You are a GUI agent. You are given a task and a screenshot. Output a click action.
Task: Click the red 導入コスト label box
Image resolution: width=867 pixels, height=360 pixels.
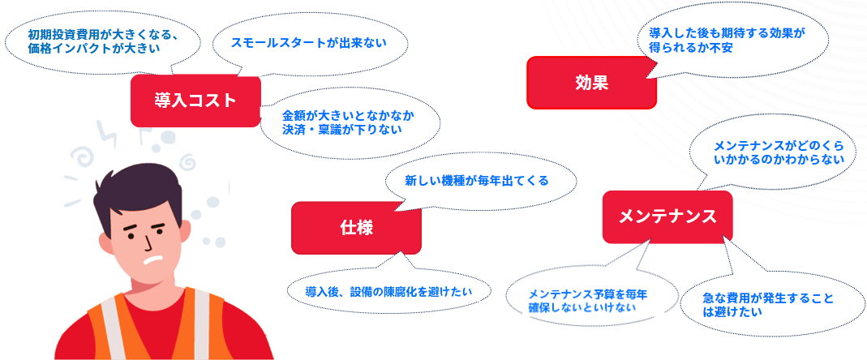point(195,101)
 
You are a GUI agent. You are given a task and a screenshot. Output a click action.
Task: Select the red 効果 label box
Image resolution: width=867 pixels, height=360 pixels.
point(590,82)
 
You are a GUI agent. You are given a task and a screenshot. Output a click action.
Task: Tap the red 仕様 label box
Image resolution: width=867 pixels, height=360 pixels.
point(356,228)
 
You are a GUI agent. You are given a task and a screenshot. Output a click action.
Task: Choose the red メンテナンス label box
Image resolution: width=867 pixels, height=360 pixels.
point(667,216)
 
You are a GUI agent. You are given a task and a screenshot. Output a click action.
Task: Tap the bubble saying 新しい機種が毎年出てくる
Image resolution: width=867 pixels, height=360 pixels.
point(477,181)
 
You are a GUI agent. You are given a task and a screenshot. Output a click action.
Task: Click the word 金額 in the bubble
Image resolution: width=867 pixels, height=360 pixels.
point(294,114)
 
